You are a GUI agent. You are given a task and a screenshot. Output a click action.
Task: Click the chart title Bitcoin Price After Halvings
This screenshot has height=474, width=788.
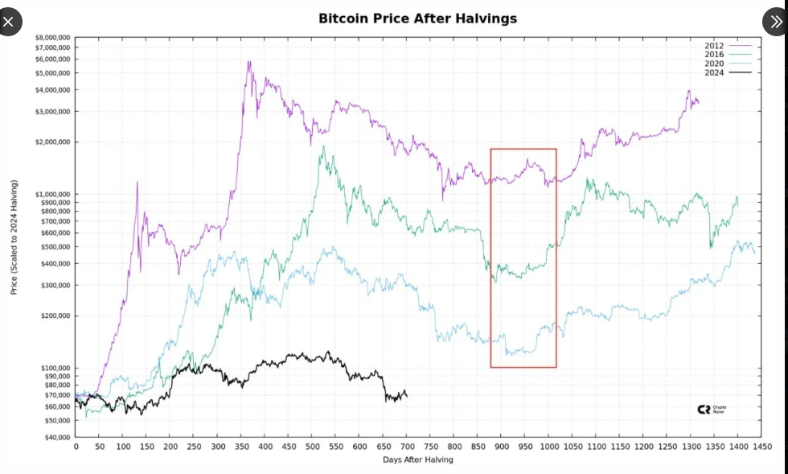(x=417, y=18)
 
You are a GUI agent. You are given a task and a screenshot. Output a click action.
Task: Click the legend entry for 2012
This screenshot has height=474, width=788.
(x=714, y=46)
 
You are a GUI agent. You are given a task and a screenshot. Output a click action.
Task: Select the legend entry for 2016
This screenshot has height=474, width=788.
(x=714, y=55)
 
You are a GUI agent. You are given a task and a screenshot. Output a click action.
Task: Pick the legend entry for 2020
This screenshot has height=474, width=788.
(x=714, y=64)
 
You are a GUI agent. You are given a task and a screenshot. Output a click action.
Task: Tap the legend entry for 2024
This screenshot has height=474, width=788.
(x=714, y=72)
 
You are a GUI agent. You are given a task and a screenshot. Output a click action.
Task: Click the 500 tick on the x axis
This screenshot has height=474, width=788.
(x=312, y=446)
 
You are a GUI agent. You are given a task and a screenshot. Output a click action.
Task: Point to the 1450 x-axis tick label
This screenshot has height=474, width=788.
(x=761, y=446)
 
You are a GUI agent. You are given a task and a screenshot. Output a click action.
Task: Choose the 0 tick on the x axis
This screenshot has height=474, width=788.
(x=76, y=446)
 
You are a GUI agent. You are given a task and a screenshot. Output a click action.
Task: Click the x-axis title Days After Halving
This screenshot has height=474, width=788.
(x=417, y=460)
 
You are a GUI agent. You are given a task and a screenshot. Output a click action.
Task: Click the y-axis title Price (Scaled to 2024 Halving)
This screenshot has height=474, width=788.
(x=14, y=237)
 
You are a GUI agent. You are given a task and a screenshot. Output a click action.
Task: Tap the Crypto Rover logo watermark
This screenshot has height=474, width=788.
(x=712, y=409)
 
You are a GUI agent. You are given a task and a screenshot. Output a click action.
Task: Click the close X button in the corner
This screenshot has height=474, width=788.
(x=8, y=22)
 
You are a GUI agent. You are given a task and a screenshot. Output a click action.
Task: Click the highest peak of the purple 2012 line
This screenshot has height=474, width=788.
(x=248, y=61)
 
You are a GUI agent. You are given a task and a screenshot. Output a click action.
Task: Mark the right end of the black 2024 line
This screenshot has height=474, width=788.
(x=407, y=396)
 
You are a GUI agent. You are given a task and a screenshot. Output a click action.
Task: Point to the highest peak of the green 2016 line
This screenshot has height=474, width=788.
(x=323, y=146)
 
